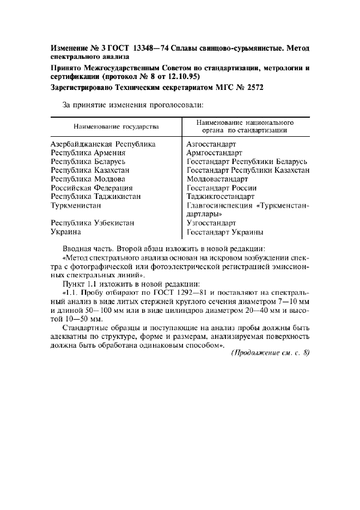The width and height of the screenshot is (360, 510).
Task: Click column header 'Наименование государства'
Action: (x=116, y=126)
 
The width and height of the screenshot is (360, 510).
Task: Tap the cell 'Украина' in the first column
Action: (x=66, y=232)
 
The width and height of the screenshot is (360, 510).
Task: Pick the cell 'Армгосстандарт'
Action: (x=214, y=153)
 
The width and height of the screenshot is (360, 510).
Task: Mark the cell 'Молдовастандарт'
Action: (x=217, y=179)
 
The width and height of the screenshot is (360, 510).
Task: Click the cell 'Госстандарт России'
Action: (x=221, y=188)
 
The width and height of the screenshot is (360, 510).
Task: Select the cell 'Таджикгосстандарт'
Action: (x=220, y=197)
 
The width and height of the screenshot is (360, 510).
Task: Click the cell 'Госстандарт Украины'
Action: (x=225, y=232)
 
